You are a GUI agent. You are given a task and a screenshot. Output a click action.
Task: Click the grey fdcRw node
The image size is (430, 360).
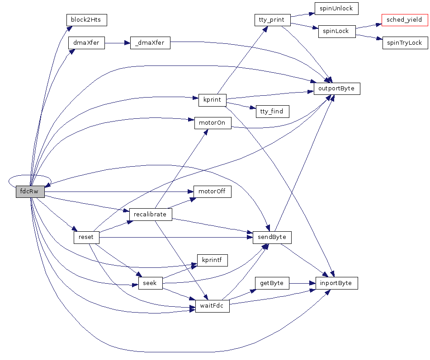click(x=30, y=192)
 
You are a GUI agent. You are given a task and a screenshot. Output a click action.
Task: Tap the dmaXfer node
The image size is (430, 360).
click(x=86, y=43)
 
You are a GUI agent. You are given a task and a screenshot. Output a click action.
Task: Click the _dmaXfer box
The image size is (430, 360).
click(x=150, y=43)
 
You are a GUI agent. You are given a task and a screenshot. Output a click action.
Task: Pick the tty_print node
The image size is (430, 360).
click(x=272, y=20)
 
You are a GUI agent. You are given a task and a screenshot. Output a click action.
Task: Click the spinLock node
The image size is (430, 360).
click(x=336, y=32)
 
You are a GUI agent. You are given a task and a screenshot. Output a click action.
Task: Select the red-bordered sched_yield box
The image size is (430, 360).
click(x=404, y=20)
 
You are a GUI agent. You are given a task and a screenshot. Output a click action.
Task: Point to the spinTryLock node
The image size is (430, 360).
click(x=405, y=43)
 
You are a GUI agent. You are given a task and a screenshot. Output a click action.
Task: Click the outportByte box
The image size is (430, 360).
click(x=337, y=89)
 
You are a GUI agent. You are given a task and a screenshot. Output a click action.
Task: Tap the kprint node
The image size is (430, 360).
click(x=212, y=100)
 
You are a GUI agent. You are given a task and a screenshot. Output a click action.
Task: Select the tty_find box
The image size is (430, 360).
click(x=272, y=111)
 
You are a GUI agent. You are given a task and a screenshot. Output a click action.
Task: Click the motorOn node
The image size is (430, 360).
click(x=213, y=123)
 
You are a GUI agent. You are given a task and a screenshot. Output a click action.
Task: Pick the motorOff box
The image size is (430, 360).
click(x=212, y=192)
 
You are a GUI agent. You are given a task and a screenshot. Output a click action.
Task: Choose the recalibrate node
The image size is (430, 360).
click(x=150, y=214)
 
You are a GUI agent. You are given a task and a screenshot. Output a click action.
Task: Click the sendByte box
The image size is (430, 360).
click(x=272, y=237)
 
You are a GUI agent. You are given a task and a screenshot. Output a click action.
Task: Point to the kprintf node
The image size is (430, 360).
click(x=212, y=260)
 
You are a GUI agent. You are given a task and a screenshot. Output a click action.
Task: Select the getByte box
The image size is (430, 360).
click(x=272, y=283)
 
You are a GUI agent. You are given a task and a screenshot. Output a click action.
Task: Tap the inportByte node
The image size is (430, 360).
click(x=336, y=283)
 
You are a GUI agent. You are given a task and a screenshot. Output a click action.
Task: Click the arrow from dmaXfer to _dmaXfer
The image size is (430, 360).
click(x=117, y=43)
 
